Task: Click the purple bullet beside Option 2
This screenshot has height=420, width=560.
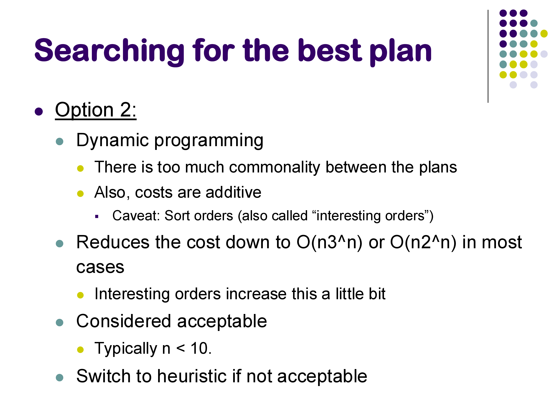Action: pyautogui.click(x=39, y=111)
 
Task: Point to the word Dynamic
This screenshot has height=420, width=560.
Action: pyautogui.click(x=112, y=141)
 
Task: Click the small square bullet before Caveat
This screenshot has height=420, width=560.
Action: pyautogui.click(x=97, y=217)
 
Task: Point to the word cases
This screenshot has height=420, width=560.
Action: pyautogui.click(x=100, y=267)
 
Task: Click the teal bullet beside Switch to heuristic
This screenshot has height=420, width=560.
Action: pyautogui.click(x=60, y=377)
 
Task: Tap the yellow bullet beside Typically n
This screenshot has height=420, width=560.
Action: pyautogui.click(x=80, y=350)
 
